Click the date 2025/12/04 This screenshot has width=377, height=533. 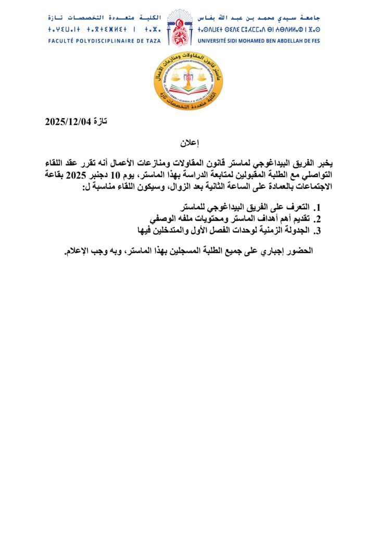pyautogui.click(x=68, y=122)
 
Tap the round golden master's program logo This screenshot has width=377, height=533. pyautogui.click(x=188, y=80)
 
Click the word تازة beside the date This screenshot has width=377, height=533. pyautogui.click(x=99, y=122)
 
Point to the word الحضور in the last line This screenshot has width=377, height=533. pyautogui.click(x=299, y=251)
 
